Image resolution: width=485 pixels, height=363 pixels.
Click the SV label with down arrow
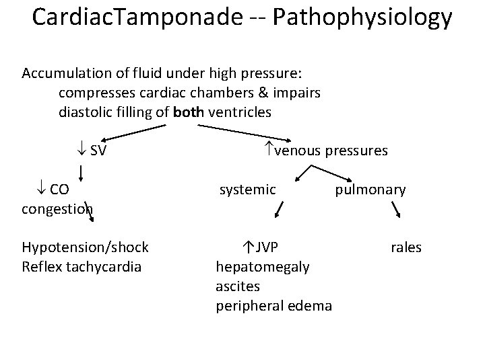[93, 151]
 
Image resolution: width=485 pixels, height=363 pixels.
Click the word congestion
[57, 209]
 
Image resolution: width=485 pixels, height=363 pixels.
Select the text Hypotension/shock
[85, 248]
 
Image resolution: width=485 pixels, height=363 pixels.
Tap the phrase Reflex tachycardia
[82, 267]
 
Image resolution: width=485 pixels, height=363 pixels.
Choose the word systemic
[248, 190]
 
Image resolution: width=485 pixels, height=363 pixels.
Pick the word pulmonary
[370, 190]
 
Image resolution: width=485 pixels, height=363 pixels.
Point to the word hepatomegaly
[263, 267]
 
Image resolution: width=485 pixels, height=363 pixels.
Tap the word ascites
[238, 286]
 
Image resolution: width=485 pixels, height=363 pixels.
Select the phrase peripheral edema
[273, 306]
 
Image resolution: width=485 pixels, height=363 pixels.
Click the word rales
[406, 248]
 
